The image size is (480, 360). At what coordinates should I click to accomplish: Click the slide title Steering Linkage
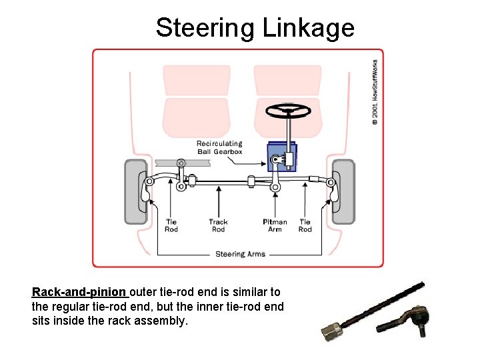click(x=255, y=28)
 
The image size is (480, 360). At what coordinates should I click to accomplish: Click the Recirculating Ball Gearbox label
click(x=219, y=147)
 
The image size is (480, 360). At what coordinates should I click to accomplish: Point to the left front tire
click(x=136, y=192)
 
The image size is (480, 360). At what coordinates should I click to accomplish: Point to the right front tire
click(x=344, y=192)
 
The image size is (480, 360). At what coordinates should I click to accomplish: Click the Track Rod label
click(x=218, y=226)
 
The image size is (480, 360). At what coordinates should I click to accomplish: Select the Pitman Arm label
click(x=275, y=226)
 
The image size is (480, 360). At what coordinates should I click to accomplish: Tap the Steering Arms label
click(x=240, y=254)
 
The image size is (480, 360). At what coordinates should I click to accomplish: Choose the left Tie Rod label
click(x=171, y=226)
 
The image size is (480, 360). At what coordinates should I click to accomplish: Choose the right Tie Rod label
click(x=305, y=226)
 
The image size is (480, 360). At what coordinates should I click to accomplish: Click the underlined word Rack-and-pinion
click(x=79, y=292)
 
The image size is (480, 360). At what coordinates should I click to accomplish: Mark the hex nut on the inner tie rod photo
click(x=329, y=329)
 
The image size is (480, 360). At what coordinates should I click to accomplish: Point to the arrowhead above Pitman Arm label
click(x=275, y=189)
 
